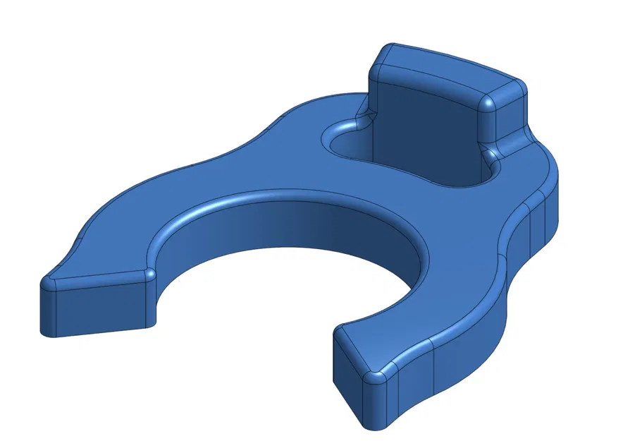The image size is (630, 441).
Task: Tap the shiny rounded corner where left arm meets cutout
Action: tap(149, 274)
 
